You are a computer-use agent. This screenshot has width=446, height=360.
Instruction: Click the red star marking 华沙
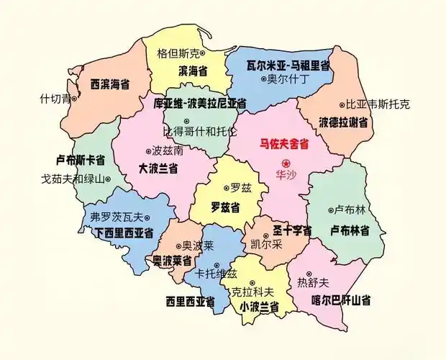(285, 163)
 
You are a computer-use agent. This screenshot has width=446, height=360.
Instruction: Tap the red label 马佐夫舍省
(284, 144)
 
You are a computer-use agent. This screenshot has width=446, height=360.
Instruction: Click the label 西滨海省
(110, 84)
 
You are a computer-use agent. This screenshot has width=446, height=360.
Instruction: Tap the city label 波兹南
(168, 151)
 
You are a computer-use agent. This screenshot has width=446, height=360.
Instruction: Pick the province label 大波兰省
(158, 168)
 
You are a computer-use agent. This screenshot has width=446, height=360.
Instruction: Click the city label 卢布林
(351, 210)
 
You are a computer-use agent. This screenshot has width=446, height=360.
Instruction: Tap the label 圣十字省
(292, 231)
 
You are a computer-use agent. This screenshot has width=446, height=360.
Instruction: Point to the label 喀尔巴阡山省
(341, 300)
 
